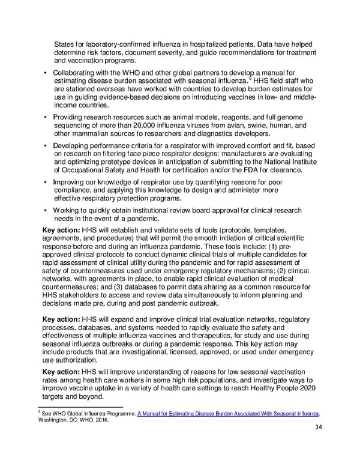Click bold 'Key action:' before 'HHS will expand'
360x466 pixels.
click(x=65, y=318)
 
